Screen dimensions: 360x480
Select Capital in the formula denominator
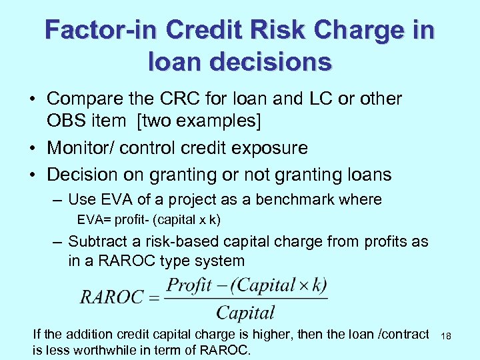tap(245, 312)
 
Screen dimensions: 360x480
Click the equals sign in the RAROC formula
tap(154, 298)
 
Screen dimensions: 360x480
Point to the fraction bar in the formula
tap(245, 299)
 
